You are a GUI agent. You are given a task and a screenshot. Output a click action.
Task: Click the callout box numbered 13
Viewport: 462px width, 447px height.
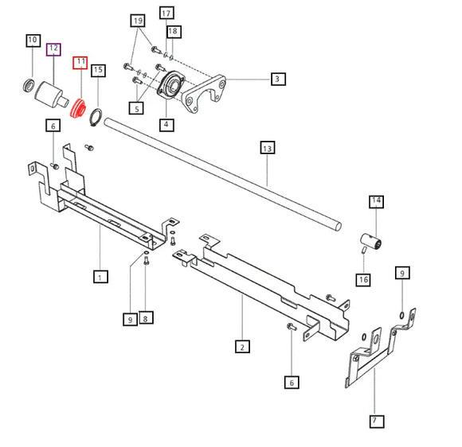[266, 147]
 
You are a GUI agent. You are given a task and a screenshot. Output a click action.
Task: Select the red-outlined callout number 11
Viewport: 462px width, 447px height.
[80, 62]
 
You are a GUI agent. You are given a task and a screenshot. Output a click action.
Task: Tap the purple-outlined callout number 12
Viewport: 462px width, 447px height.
[53, 49]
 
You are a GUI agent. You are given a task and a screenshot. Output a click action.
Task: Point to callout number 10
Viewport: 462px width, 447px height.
[33, 40]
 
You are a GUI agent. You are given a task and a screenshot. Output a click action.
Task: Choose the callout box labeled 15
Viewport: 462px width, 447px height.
[98, 70]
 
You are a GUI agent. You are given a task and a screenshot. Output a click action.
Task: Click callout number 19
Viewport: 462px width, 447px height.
[138, 20]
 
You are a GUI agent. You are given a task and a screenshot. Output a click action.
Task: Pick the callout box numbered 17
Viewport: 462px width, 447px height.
[166, 14]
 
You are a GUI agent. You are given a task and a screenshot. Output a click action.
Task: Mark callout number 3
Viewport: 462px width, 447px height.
[276, 78]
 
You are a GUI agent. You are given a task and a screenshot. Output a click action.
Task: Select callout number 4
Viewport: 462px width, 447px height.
[166, 124]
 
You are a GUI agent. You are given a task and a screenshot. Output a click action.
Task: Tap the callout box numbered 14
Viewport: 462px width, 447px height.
[375, 202]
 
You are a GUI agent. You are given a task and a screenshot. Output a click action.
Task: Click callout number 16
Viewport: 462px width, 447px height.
[363, 279]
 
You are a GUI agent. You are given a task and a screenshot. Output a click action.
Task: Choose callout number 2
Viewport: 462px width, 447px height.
[242, 346]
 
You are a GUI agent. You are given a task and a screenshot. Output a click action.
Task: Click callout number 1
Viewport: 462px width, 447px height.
[100, 277]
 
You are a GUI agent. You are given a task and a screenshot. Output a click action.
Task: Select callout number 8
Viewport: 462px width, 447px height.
[145, 319]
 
